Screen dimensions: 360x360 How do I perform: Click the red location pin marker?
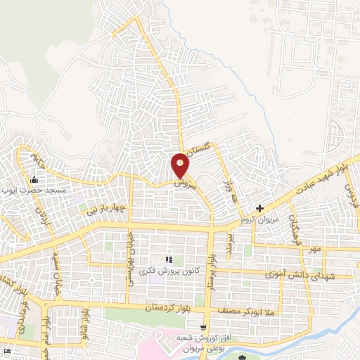(181, 166)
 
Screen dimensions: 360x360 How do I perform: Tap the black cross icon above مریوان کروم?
(260, 208)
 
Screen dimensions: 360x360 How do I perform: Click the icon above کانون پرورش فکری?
(168, 259)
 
